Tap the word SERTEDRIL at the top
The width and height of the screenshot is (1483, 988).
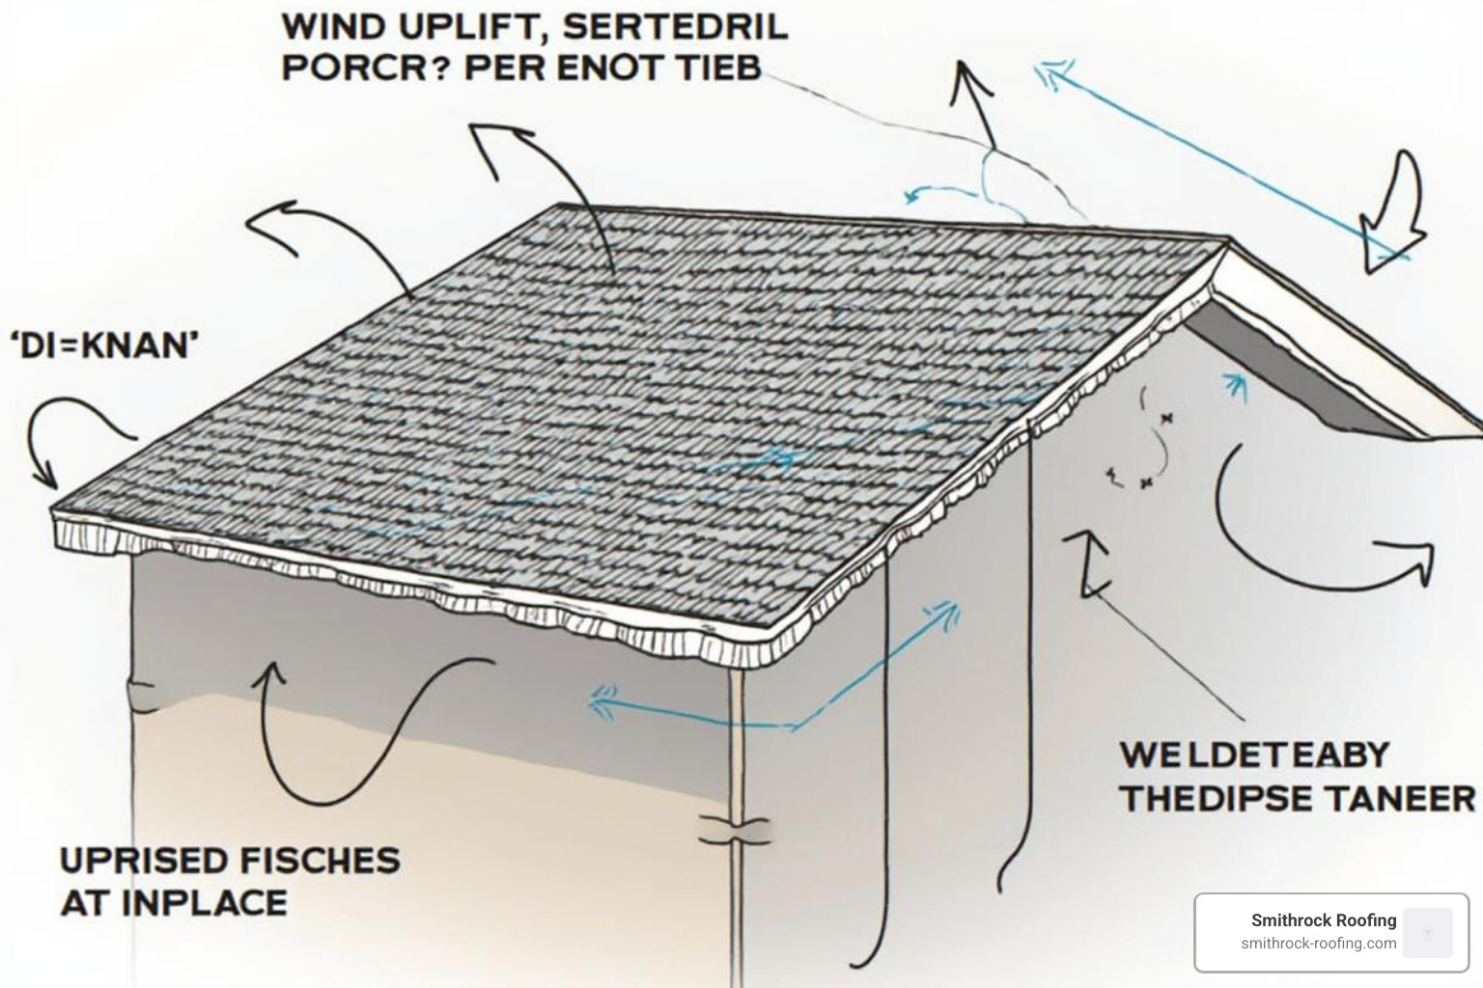pyautogui.click(x=675, y=26)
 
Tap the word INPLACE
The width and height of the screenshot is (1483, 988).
pyautogui.click(x=204, y=903)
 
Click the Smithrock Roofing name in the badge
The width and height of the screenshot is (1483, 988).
pyautogui.click(x=1323, y=920)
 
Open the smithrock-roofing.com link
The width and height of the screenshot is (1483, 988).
pyautogui.click(x=1318, y=944)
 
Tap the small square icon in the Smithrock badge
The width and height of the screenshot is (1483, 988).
pyautogui.click(x=1427, y=932)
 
